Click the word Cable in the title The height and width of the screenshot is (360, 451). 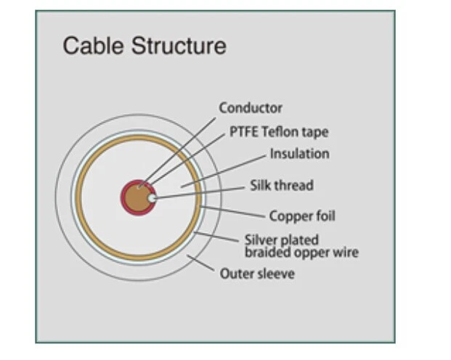(x=93, y=46)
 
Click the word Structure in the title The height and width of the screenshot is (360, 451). (x=179, y=46)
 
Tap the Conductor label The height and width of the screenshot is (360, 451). (x=251, y=108)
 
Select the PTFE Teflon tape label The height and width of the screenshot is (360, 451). (x=279, y=132)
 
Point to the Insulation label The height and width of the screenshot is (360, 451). (x=300, y=154)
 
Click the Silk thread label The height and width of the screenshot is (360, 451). (x=282, y=186)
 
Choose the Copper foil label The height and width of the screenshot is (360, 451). (x=302, y=216)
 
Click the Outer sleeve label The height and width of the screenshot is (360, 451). (x=257, y=274)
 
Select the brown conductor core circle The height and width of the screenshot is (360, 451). (x=138, y=198)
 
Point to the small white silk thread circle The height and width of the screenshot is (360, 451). (x=152, y=198)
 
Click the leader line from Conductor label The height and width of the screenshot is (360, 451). (x=177, y=152)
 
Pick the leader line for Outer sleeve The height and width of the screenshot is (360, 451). (x=200, y=263)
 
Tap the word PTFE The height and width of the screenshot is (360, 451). (x=243, y=132)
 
